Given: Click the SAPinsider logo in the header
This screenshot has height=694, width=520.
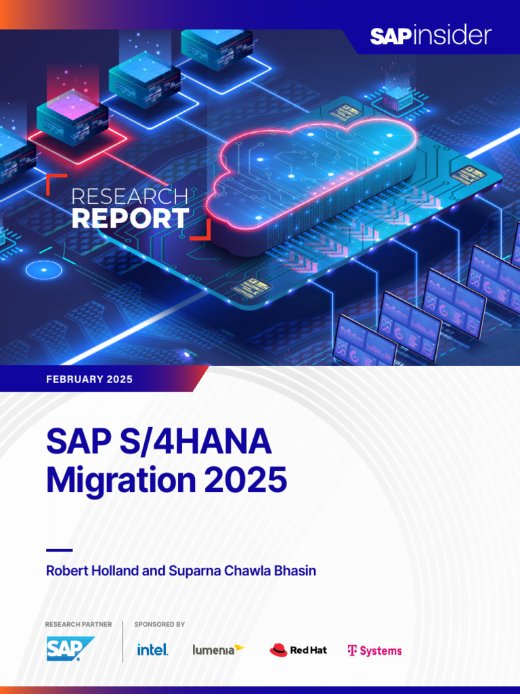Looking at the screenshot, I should (430, 36).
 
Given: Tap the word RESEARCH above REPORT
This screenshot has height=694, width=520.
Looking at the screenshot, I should (129, 197).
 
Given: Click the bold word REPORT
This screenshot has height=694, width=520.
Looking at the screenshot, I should (130, 218).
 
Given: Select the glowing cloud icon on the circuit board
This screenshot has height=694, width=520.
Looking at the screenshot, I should (311, 173).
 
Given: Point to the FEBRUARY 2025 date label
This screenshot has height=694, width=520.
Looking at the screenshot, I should (89, 380).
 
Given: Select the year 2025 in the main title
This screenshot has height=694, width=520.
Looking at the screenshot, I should (246, 480).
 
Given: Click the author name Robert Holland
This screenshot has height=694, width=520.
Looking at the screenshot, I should (92, 571).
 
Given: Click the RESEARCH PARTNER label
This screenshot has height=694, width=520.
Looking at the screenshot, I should (79, 624).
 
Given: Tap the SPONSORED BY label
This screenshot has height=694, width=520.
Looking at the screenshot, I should (160, 624).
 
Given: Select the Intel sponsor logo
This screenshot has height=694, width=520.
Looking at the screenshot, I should (152, 650).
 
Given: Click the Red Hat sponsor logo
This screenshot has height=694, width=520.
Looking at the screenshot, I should (298, 650).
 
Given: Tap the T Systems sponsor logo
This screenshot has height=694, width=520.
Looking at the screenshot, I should (374, 651).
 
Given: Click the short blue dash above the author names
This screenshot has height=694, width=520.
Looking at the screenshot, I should (59, 550).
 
